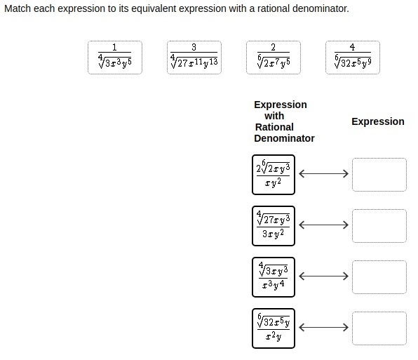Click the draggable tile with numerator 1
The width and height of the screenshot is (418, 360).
coord(115,58)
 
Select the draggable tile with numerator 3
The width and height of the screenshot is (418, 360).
coord(194,58)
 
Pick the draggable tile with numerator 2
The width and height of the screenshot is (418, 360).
coord(274,58)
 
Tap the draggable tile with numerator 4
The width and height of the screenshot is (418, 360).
coord(352,58)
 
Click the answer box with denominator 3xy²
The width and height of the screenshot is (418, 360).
coord(274,226)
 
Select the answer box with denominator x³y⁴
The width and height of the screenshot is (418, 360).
coord(274,277)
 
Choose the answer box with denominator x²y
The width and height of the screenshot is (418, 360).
coord(274,328)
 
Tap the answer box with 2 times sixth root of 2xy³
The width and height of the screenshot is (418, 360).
coord(274,175)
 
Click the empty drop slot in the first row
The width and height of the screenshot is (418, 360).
coord(379,175)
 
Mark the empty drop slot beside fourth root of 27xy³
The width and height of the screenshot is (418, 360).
coord(379,226)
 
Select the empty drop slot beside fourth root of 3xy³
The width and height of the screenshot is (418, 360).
coord(379,277)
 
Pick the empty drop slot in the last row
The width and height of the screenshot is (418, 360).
coord(379,328)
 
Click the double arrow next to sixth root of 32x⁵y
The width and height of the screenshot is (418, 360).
coord(323,327)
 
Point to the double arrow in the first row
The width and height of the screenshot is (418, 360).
coord(323,173)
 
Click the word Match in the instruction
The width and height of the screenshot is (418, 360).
coord(18,8)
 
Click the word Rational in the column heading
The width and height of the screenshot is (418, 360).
coord(274,127)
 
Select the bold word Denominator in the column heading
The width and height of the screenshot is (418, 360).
coord(284,138)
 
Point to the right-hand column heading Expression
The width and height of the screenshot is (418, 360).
coord(378,121)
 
